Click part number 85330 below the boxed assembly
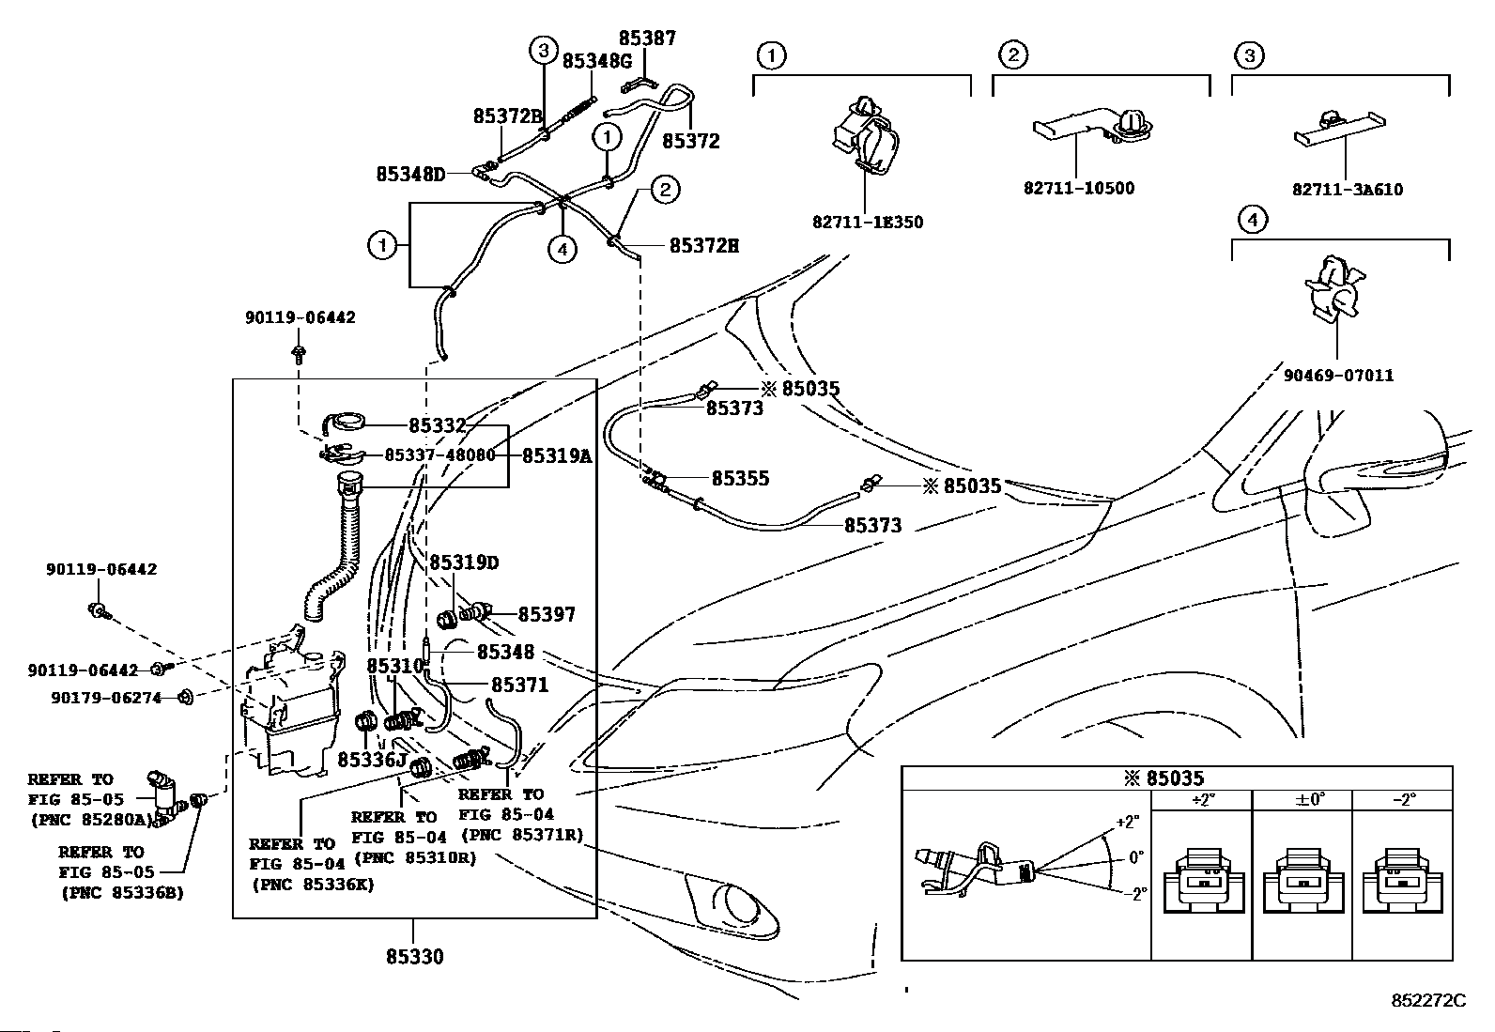(x=414, y=957)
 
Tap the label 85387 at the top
(x=647, y=39)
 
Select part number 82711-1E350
(x=868, y=223)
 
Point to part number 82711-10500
(x=1079, y=188)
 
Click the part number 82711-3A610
(x=1348, y=190)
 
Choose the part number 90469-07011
(x=1339, y=376)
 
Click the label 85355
(x=740, y=478)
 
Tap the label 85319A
(x=557, y=456)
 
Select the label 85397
(x=547, y=614)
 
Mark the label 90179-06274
(x=106, y=699)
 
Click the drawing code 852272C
(x=1428, y=1001)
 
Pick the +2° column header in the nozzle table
(x=1202, y=800)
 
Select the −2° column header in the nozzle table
(x=1404, y=800)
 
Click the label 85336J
(x=372, y=760)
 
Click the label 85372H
(x=704, y=246)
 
